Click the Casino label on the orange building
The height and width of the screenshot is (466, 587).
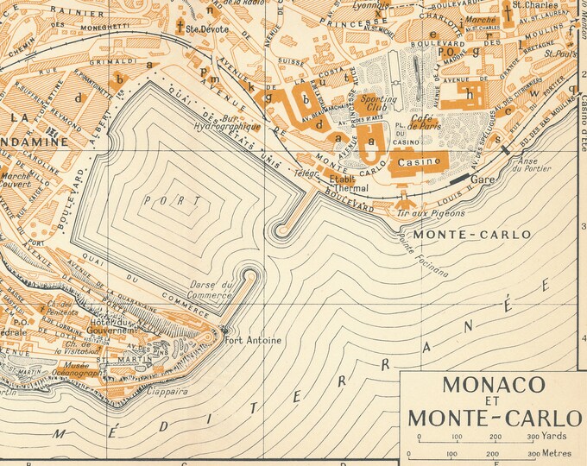point(418,161)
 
